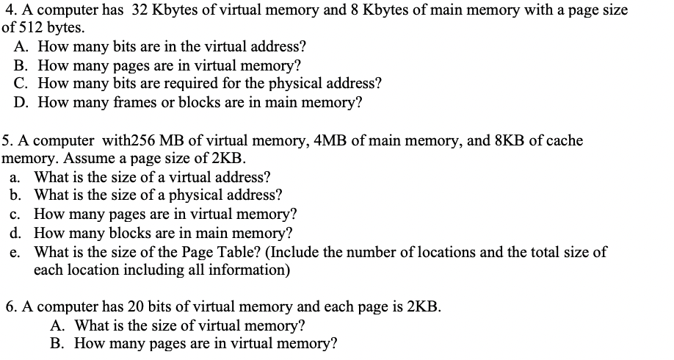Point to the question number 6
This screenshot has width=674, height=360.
(10, 306)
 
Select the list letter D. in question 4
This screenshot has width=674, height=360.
(21, 103)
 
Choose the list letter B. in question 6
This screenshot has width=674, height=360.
(59, 343)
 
